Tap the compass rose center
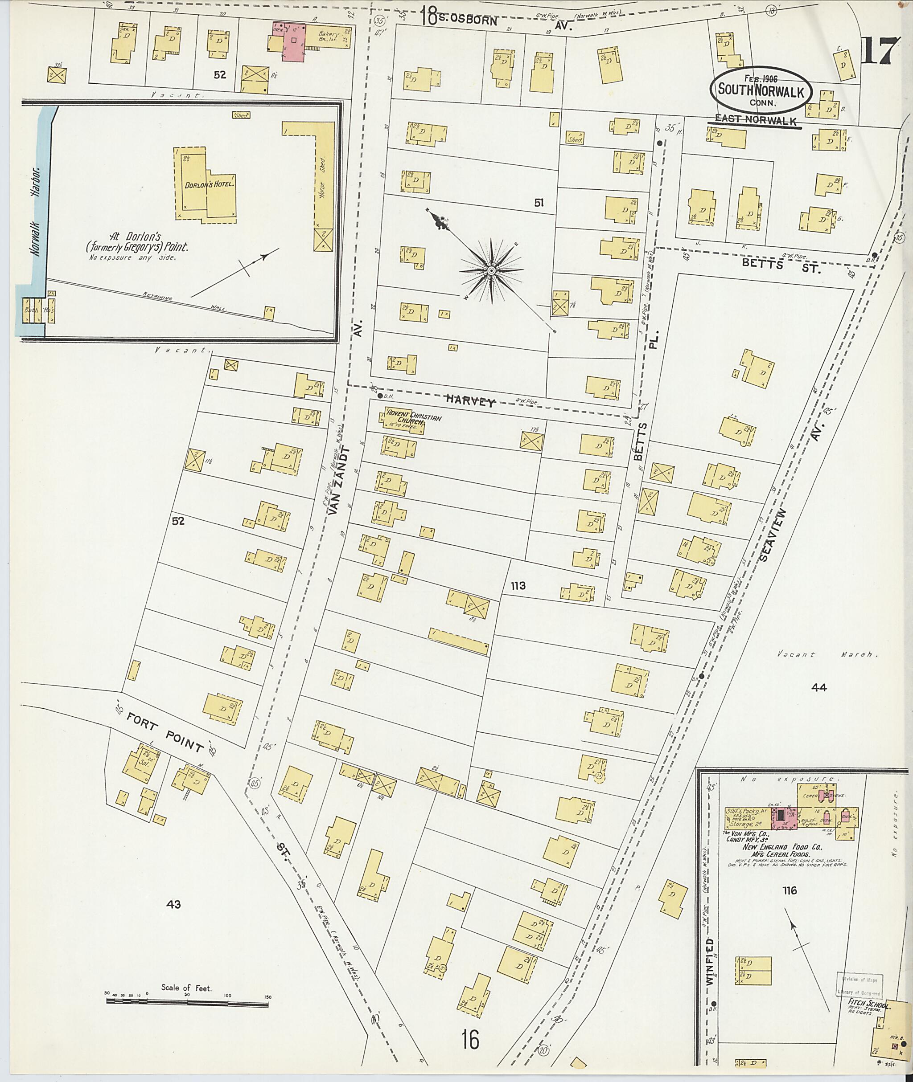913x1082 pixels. [x=491, y=270]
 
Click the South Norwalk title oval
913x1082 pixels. [x=761, y=90]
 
